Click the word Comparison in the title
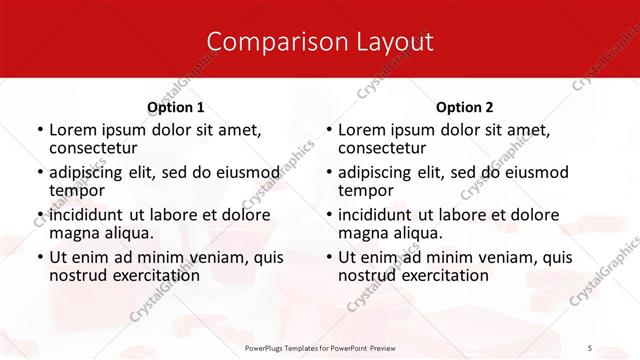tap(264, 42)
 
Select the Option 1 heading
tap(176, 107)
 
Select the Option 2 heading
tap(465, 107)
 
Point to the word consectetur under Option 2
tap(384, 148)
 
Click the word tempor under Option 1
tap(77, 190)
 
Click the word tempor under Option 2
tap(366, 190)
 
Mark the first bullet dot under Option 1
tap(39, 131)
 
